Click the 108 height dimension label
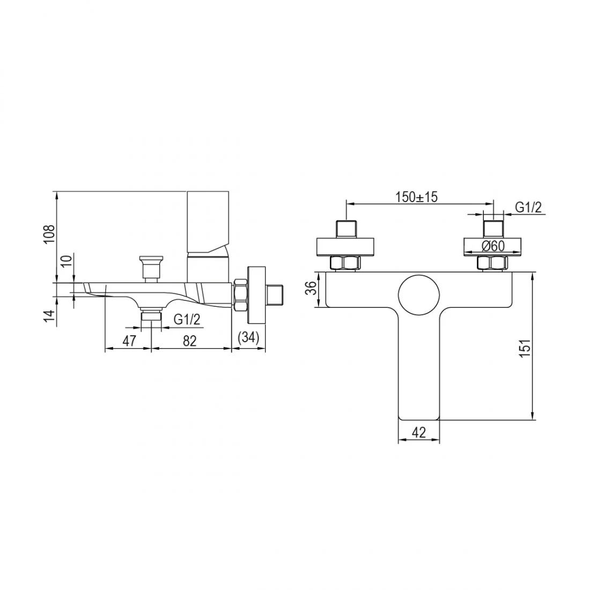pos(50,234)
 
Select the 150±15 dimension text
pos(417,197)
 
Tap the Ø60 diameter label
pos(493,246)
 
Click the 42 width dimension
pos(418,432)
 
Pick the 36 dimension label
pos(311,289)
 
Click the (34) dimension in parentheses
pos(249,337)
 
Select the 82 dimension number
pos(190,341)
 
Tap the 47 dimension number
pos(129,341)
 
